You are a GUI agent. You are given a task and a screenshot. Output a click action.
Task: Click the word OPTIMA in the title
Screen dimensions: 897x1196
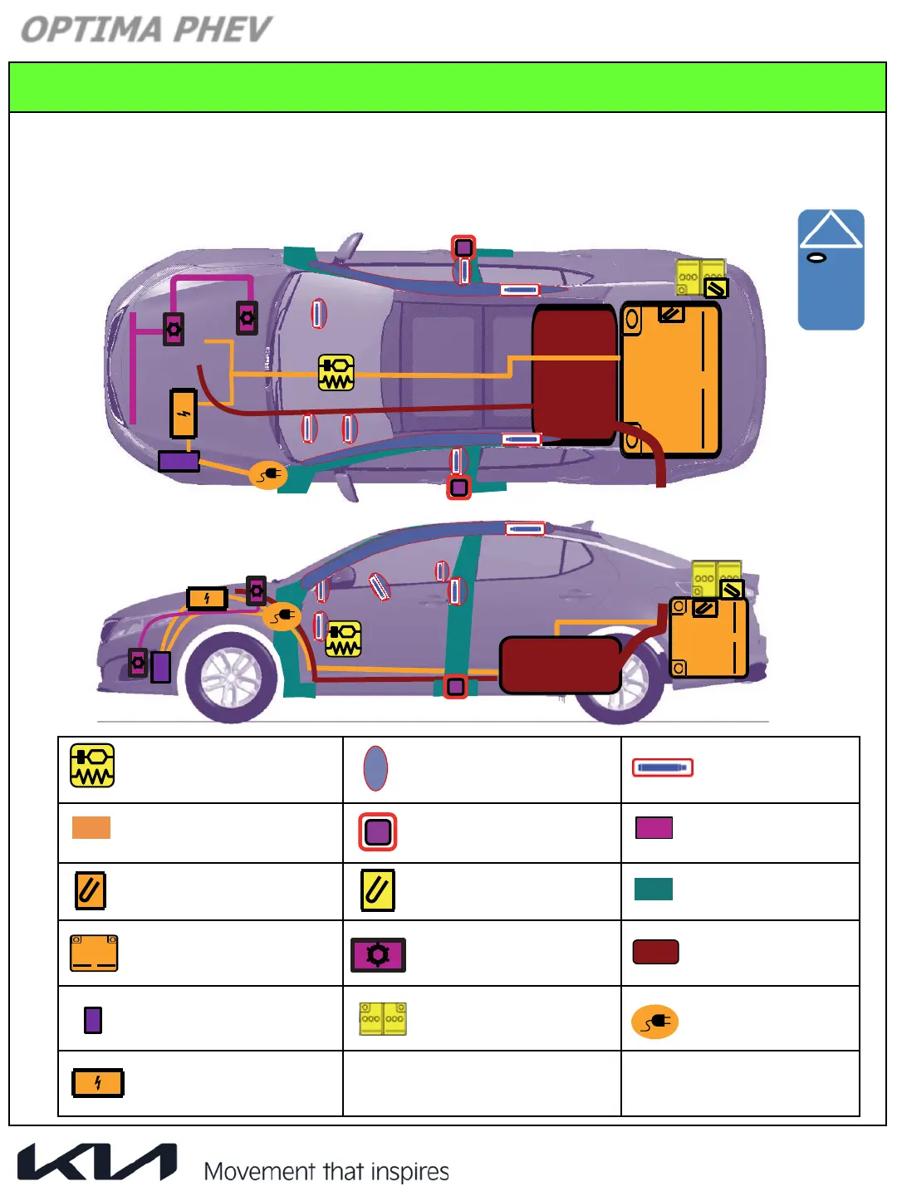(91, 30)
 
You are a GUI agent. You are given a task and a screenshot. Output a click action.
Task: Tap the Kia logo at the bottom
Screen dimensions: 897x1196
(97, 1161)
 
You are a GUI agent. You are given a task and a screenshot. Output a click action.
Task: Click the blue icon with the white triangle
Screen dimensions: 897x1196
(831, 269)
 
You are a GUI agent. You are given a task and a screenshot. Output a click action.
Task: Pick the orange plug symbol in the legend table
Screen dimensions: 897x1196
(655, 1022)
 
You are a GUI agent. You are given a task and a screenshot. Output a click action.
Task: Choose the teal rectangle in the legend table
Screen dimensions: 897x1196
(654, 889)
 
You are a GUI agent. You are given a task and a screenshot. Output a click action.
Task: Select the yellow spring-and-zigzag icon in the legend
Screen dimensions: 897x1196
(92, 766)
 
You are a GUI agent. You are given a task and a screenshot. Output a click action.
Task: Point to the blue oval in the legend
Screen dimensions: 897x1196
(375, 768)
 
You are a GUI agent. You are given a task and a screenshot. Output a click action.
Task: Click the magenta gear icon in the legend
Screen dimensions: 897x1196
(378, 955)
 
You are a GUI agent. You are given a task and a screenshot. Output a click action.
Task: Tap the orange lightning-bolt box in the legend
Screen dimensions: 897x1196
(98, 1083)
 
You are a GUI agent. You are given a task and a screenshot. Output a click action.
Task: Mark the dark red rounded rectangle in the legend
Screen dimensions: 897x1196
(656, 952)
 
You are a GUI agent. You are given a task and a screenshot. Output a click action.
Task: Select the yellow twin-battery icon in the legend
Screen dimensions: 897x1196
(383, 1019)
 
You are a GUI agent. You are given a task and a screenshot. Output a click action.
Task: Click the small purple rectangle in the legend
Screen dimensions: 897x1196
(93, 1020)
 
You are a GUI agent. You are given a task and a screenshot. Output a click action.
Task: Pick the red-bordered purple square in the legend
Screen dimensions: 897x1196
(378, 831)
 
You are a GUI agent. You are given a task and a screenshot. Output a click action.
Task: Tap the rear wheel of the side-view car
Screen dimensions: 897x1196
(625, 679)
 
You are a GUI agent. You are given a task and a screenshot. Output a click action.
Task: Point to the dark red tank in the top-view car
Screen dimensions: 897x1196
(573, 374)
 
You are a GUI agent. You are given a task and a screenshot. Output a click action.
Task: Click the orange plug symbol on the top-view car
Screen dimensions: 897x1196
(268, 475)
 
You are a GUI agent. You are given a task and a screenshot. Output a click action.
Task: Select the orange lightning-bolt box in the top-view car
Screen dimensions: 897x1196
(184, 414)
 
